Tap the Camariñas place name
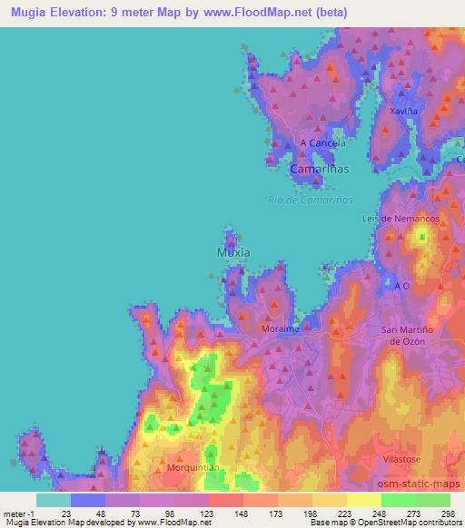coord(319,169)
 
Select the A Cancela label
coord(322,143)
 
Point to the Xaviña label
coord(403,111)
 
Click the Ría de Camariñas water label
coord(311,200)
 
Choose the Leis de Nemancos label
coord(413,220)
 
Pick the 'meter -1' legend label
coord(18,513)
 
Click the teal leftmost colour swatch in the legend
coord(54,500)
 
